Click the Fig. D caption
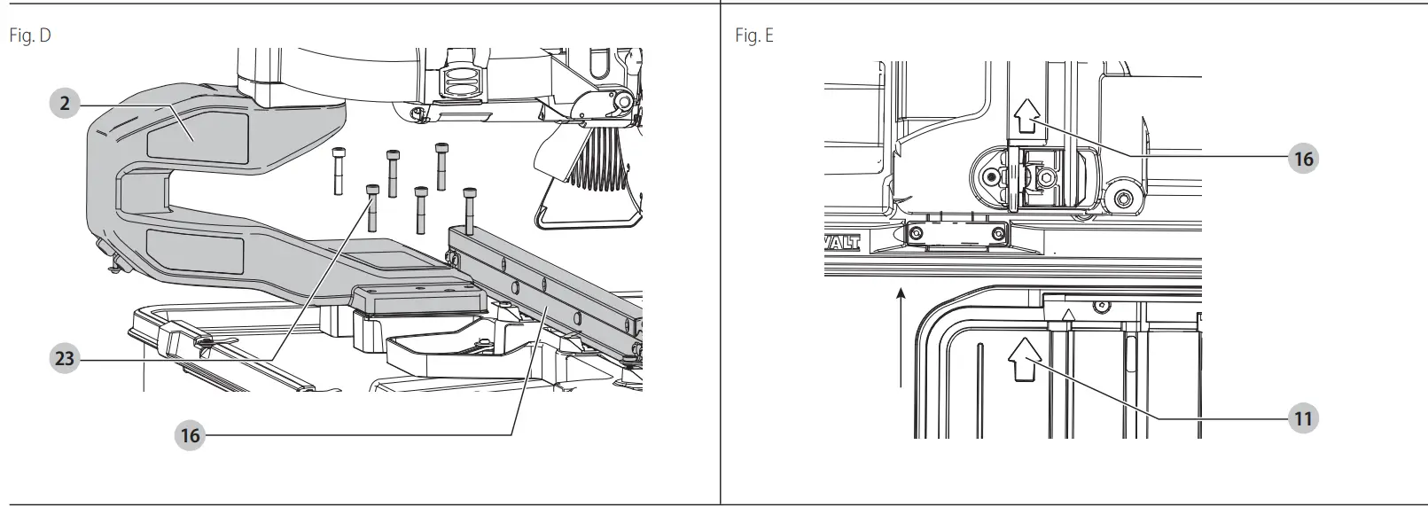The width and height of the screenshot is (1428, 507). pyautogui.click(x=29, y=36)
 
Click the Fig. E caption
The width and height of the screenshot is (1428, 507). pyautogui.click(x=753, y=36)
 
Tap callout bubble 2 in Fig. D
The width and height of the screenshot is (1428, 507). pyautogui.click(x=65, y=104)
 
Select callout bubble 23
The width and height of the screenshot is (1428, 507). pyautogui.click(x=65, y=359)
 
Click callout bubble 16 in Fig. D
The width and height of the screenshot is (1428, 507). pyautogui.click(x=190, y=434)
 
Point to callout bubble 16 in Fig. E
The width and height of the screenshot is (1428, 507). pyautogui.click(x=1302, y=159)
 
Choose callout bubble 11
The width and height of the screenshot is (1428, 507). pyautogui.click(x=1302, y=417)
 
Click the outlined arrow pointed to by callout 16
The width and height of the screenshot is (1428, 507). pyautogui.click(x=1026, y=114)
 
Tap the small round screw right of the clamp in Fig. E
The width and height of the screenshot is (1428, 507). pyautogui.click(x=1125, y=197)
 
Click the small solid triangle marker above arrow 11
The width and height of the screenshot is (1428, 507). pyautogui.click(x=1070, y=313)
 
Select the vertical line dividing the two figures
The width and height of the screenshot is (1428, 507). pyautogui.click(x=720, y=253)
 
